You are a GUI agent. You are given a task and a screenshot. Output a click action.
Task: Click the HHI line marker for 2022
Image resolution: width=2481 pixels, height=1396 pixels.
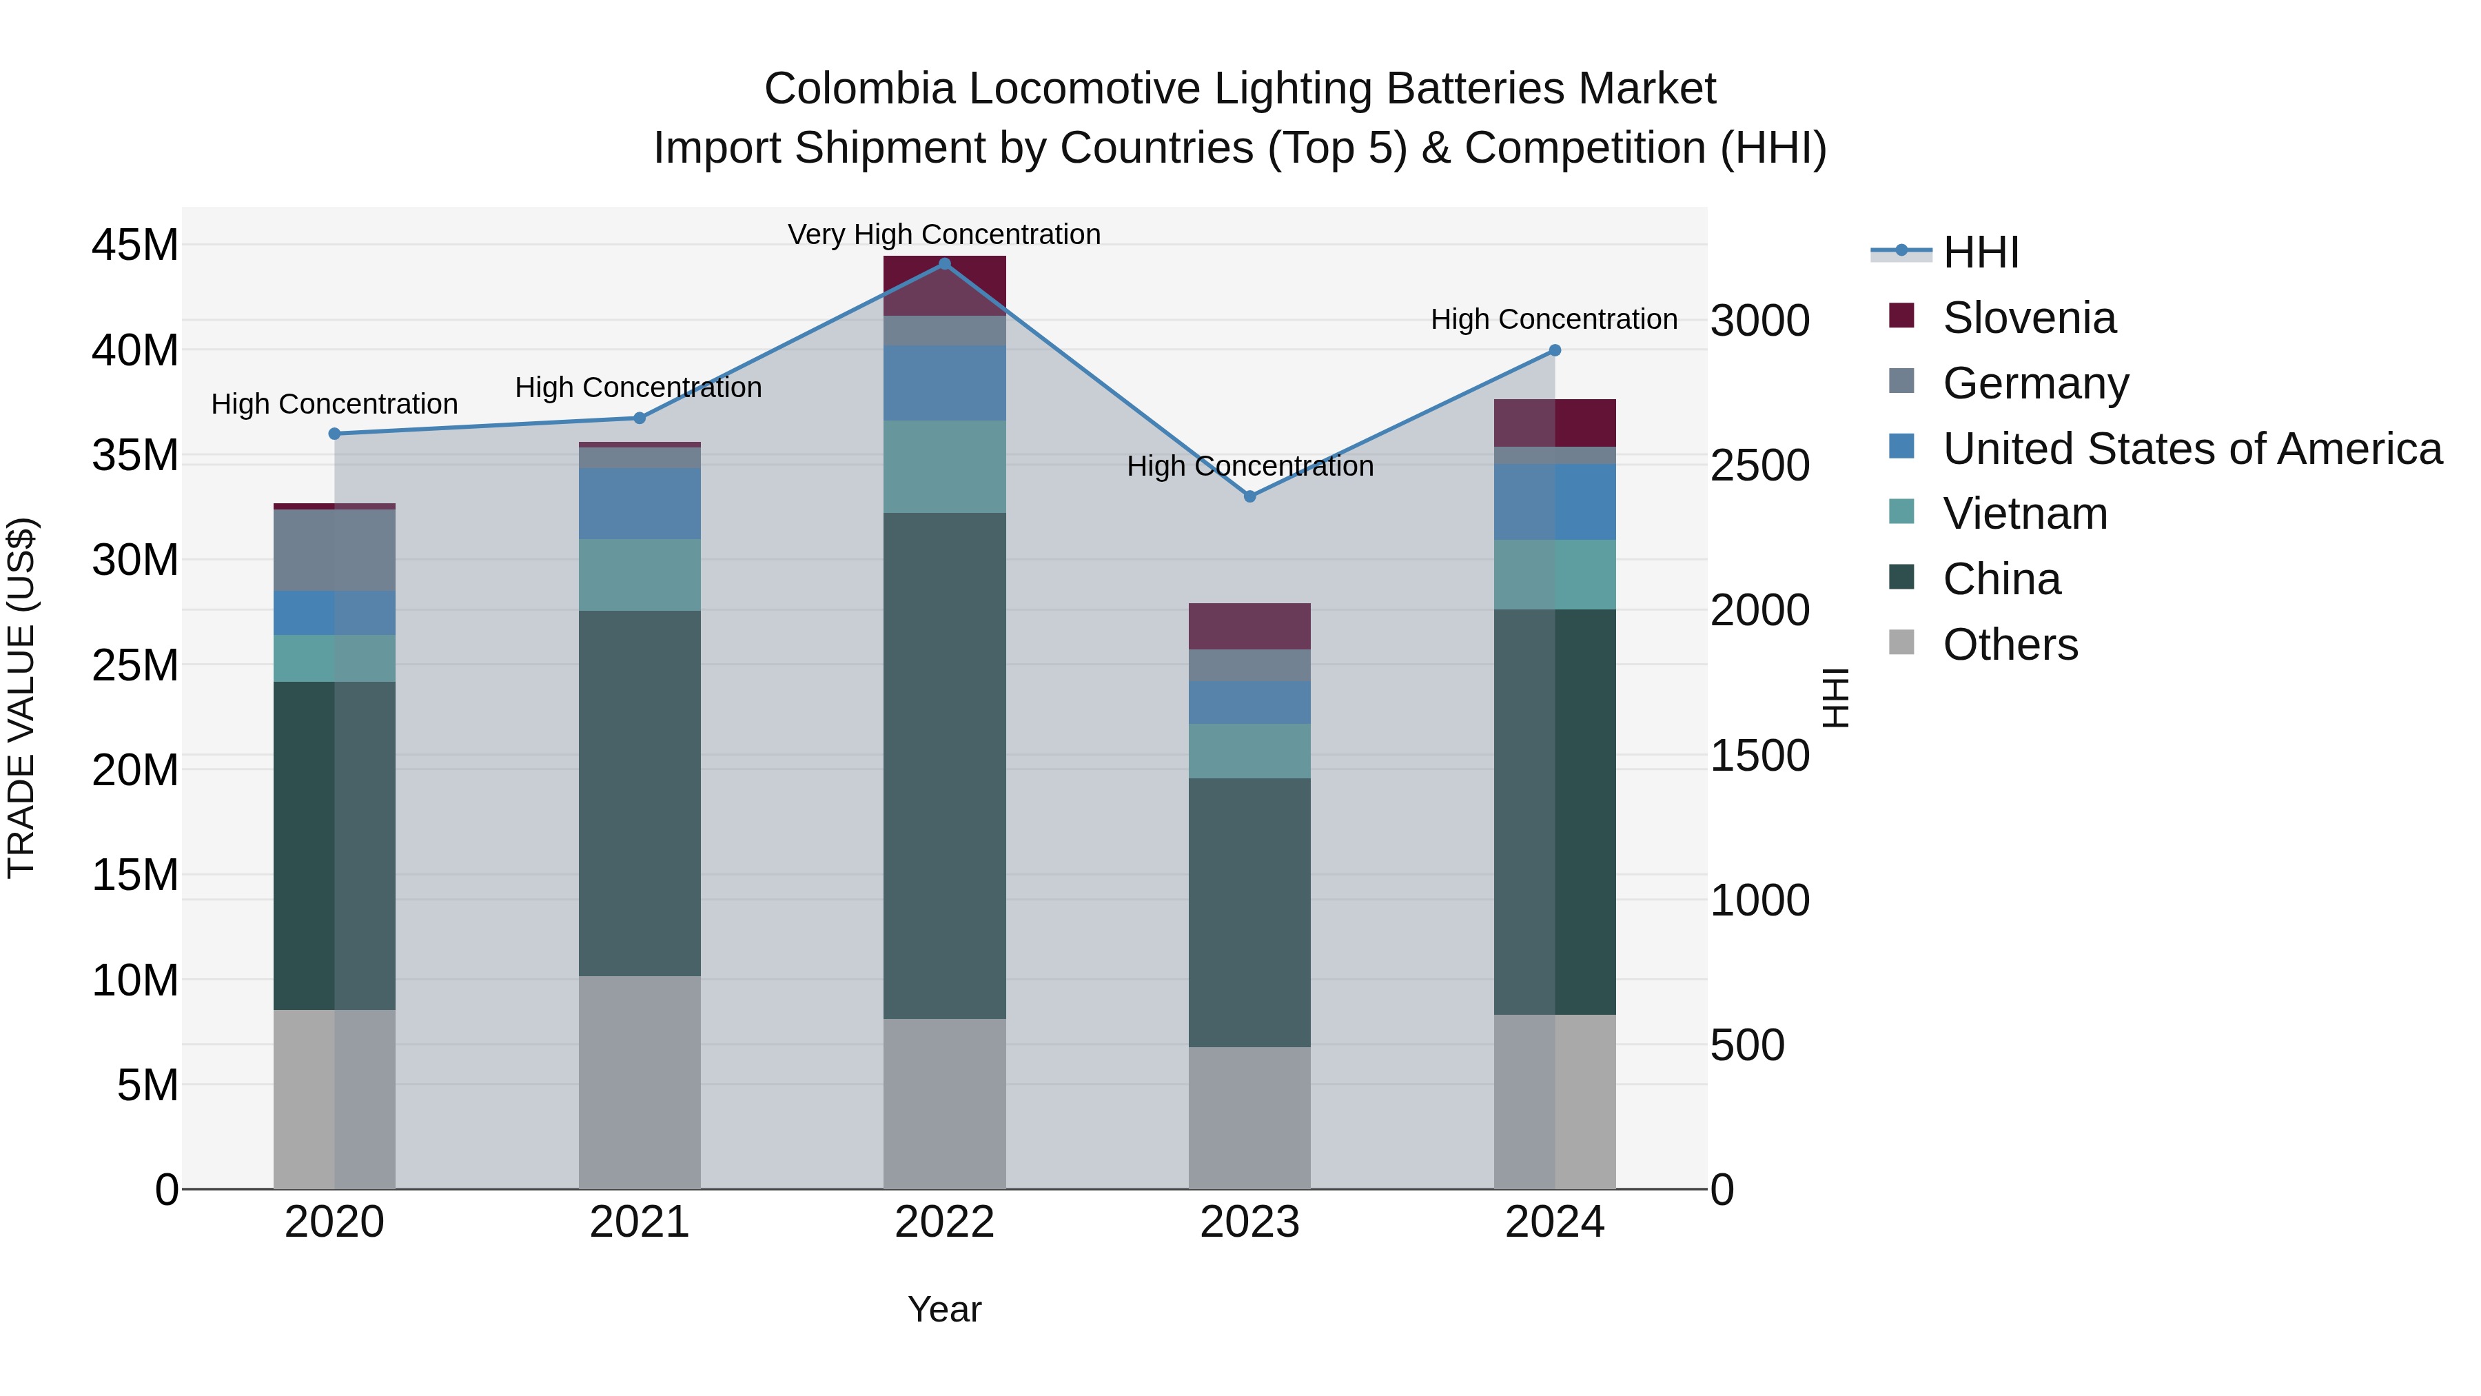pyautogui.click(x=944, y=264)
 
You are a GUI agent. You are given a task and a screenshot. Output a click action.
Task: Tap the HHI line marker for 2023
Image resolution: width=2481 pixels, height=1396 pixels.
pyautogui.click(x=1249, y=497)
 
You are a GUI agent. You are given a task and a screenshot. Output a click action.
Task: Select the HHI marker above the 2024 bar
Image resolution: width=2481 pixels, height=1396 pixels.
pyautogui.click(x=1555, y=351)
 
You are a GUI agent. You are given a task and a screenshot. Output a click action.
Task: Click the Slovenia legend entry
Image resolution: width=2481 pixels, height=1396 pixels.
pyautogui.click(x=2028, y=318)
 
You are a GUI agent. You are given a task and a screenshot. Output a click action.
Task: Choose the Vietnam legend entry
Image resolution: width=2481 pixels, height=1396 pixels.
pyautogui.click(x=2025, y=514)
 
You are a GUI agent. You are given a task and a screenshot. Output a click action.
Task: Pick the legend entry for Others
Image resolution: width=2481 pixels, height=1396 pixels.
pyautogui.click(x=2010, y=645)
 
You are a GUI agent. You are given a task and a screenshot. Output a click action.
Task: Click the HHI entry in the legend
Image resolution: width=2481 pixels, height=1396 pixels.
pyautogui.click(x=1980, y=252)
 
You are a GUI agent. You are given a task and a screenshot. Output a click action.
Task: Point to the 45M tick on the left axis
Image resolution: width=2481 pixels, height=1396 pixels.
pyautogui.click(x=135, y=245)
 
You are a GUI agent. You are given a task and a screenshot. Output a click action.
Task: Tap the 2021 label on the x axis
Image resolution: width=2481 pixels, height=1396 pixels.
pyautogui.click(x=639, y=1222)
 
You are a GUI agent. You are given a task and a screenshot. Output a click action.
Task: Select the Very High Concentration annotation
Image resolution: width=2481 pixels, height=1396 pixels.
pyautogui.click(x=944, y=234)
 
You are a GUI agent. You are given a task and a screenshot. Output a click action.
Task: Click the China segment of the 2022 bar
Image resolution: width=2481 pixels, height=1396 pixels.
pyautogui.click(x=944, y=765)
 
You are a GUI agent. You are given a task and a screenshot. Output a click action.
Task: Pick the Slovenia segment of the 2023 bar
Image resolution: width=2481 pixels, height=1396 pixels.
pyautogui.click(x=1249, y=626)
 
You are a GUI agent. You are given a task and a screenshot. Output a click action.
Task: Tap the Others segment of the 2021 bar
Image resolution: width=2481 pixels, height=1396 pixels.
pyautogui.click(x=639, y=1082)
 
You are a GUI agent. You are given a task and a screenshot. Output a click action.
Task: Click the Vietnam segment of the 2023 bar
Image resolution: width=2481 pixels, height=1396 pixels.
pyautogui.click(x=1249, y=751)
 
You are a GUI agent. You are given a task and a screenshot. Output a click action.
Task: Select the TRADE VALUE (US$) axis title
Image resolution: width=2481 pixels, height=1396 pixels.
pyautogui.click(x=21, y=698)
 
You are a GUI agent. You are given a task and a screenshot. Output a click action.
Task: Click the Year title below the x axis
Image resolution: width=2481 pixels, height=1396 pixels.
pyautogui.click(x=944, y=1309)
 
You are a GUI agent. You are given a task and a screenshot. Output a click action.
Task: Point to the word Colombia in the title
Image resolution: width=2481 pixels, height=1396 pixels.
pyautogui.click(x=859, y=89)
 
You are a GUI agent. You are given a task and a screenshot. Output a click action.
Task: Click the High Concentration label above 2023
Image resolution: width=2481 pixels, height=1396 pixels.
pyautogui.click(x=1249, y=466)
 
